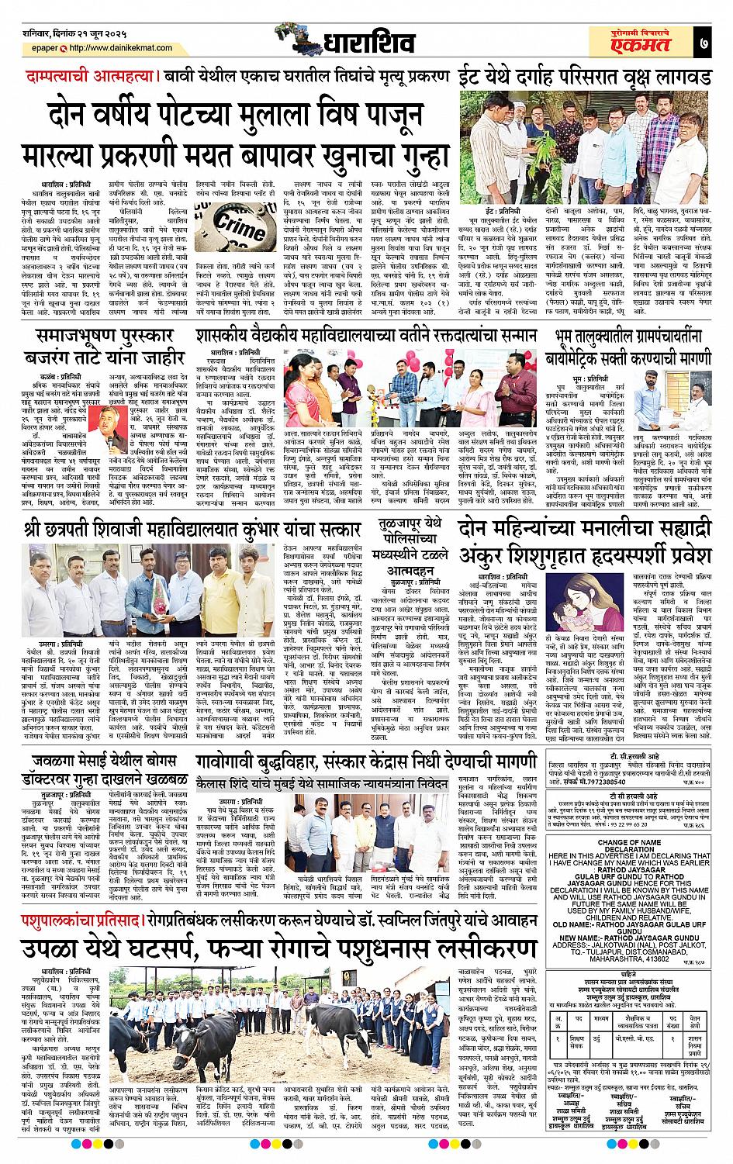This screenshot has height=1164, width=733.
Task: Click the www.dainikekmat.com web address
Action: [86, 54]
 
